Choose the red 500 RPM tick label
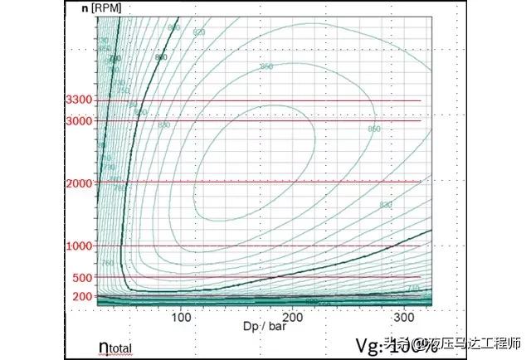[80, 277]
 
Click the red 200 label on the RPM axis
[80, 296]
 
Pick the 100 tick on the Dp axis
[180, 316]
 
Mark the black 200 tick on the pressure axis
[292, 316]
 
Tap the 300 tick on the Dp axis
[404, 316]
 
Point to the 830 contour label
[385, 204]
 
